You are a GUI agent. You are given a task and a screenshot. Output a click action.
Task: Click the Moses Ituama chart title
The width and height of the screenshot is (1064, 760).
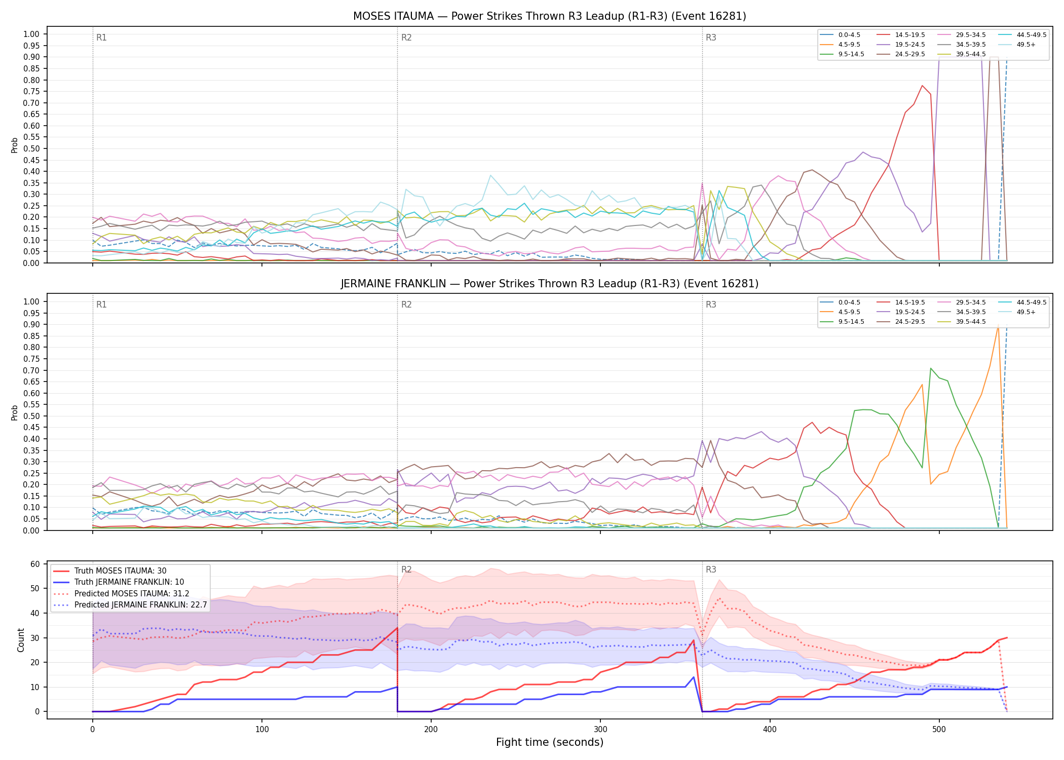tap(549, 16)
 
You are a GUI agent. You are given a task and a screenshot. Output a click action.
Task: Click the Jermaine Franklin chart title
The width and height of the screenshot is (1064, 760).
tap(549, 284)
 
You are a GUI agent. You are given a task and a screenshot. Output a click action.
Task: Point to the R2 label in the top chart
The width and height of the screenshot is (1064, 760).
tap(406, 37)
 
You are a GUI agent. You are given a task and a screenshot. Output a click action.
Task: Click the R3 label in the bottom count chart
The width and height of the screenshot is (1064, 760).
tap(711, 569)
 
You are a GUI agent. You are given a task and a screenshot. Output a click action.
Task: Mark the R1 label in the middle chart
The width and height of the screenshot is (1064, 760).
tap(101, 305)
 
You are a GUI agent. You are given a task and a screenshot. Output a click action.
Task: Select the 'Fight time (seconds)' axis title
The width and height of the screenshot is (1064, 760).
tap(550, 742)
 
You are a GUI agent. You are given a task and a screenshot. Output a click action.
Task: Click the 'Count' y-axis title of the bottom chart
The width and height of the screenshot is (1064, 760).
tap(21, 640)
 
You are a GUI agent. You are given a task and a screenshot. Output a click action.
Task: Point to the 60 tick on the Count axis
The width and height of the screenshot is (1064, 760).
tap(35, 564)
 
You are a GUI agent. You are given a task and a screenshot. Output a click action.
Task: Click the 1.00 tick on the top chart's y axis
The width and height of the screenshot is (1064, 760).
tap(31, 34)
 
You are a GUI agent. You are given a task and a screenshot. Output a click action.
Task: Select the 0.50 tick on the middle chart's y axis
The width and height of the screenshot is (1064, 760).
tap(31, 416)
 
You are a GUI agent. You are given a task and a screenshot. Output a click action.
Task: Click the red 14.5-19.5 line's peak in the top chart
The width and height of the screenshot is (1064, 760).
tap(922, 86)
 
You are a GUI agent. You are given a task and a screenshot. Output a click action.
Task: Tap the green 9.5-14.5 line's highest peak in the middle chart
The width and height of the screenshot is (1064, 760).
tap(931, 368)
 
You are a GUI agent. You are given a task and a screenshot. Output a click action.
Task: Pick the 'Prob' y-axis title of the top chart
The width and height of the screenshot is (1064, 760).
tap(15, 145)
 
